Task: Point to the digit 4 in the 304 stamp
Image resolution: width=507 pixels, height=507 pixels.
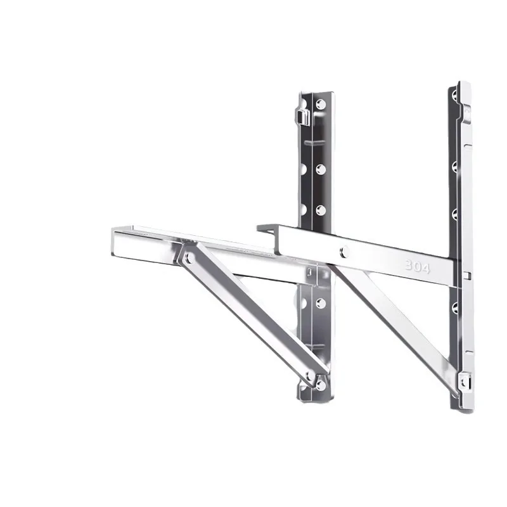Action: coord(426,269)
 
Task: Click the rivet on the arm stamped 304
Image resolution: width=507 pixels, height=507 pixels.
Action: coord(344,252)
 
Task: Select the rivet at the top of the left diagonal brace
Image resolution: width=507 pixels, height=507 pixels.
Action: coord(187,257)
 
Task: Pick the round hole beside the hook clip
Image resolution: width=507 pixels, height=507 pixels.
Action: coord(320,103)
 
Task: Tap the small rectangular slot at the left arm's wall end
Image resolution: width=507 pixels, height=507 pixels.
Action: coord(309,273)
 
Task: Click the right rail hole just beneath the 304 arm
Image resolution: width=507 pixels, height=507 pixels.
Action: coord(454,308)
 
